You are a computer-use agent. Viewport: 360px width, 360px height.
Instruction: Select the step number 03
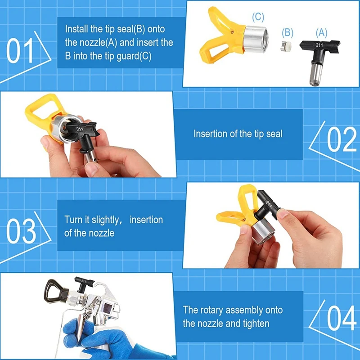coord(21,231)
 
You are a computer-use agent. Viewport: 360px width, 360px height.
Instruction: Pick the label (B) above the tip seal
coord(288,32)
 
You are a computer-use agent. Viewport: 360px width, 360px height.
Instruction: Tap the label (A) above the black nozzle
coord(321,32)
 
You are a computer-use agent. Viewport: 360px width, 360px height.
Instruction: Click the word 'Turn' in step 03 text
coord(73,220)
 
